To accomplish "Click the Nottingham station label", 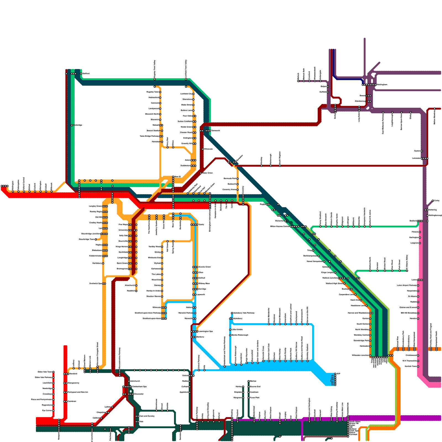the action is point(382,85).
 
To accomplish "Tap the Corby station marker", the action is point(433,201).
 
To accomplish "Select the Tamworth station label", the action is point(215,130).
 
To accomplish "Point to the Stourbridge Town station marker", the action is point(96,240).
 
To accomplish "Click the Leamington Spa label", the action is point(206,331).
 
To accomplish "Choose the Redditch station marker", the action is point(136,291).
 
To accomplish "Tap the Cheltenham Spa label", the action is point(139,386).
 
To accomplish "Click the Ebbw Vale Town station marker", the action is point(54,372).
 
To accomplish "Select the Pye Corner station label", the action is point(47,411).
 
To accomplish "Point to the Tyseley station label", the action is point(201,225).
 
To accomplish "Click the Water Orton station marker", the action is point(201,173).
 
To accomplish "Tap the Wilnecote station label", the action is point(208,149).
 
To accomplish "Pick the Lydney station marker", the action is point(112,407).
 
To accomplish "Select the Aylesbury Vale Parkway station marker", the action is point(232,313).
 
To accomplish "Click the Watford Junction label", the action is point(330,278).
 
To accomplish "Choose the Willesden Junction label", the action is point(360,355).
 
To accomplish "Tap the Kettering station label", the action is point(433,210).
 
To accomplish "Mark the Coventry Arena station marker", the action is point(238,190).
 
